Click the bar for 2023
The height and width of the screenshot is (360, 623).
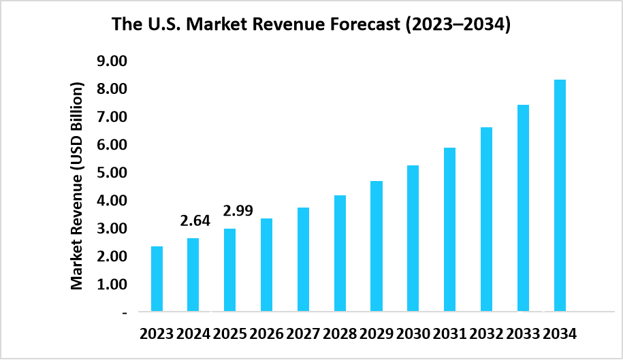click(157, 278)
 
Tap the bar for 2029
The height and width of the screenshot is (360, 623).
click(376, 246)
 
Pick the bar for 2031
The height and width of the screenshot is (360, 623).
click(449, 229)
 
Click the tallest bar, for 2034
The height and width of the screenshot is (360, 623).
click(560, 195)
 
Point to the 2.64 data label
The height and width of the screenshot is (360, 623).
click(195, 221)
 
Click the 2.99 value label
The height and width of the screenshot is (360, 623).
click(238, 211)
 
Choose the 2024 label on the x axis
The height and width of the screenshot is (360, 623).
click(193, 334)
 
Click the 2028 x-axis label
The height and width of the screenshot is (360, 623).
click(339, 334)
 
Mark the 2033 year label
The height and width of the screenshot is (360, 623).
click(523, 334)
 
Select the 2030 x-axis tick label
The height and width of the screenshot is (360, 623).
click(413, 334)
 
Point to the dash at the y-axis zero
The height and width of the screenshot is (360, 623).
click(125, 312)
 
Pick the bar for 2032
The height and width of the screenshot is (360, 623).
click(486, 219)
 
